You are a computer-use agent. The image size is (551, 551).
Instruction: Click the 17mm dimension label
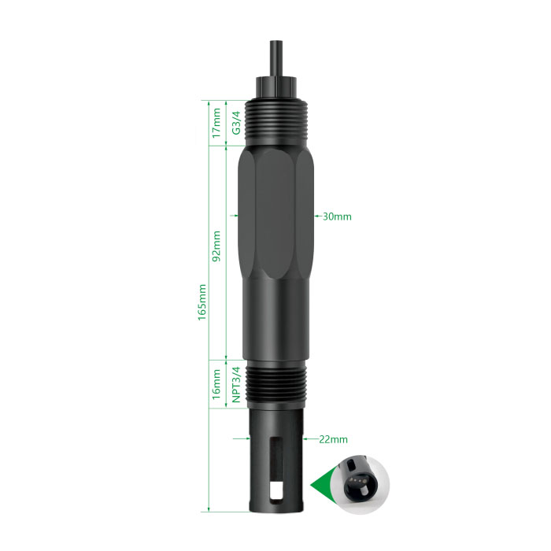pos(216,123)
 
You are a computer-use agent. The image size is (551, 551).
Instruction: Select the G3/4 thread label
pos(236,123)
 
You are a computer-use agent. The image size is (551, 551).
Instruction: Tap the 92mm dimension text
pos(216,246)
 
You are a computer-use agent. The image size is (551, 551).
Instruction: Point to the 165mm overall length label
pos(202,302)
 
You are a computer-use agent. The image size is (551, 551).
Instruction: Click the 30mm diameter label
pos(337,216)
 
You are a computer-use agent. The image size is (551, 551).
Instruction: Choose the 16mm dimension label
pos(216,384)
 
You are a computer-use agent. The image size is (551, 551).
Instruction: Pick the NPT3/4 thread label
pos(236,384)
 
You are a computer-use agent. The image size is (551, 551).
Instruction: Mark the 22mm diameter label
pos(333,439)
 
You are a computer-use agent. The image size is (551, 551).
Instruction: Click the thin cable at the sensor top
pos(276,58)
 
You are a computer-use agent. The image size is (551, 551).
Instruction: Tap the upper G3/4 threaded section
pos(276,123)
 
